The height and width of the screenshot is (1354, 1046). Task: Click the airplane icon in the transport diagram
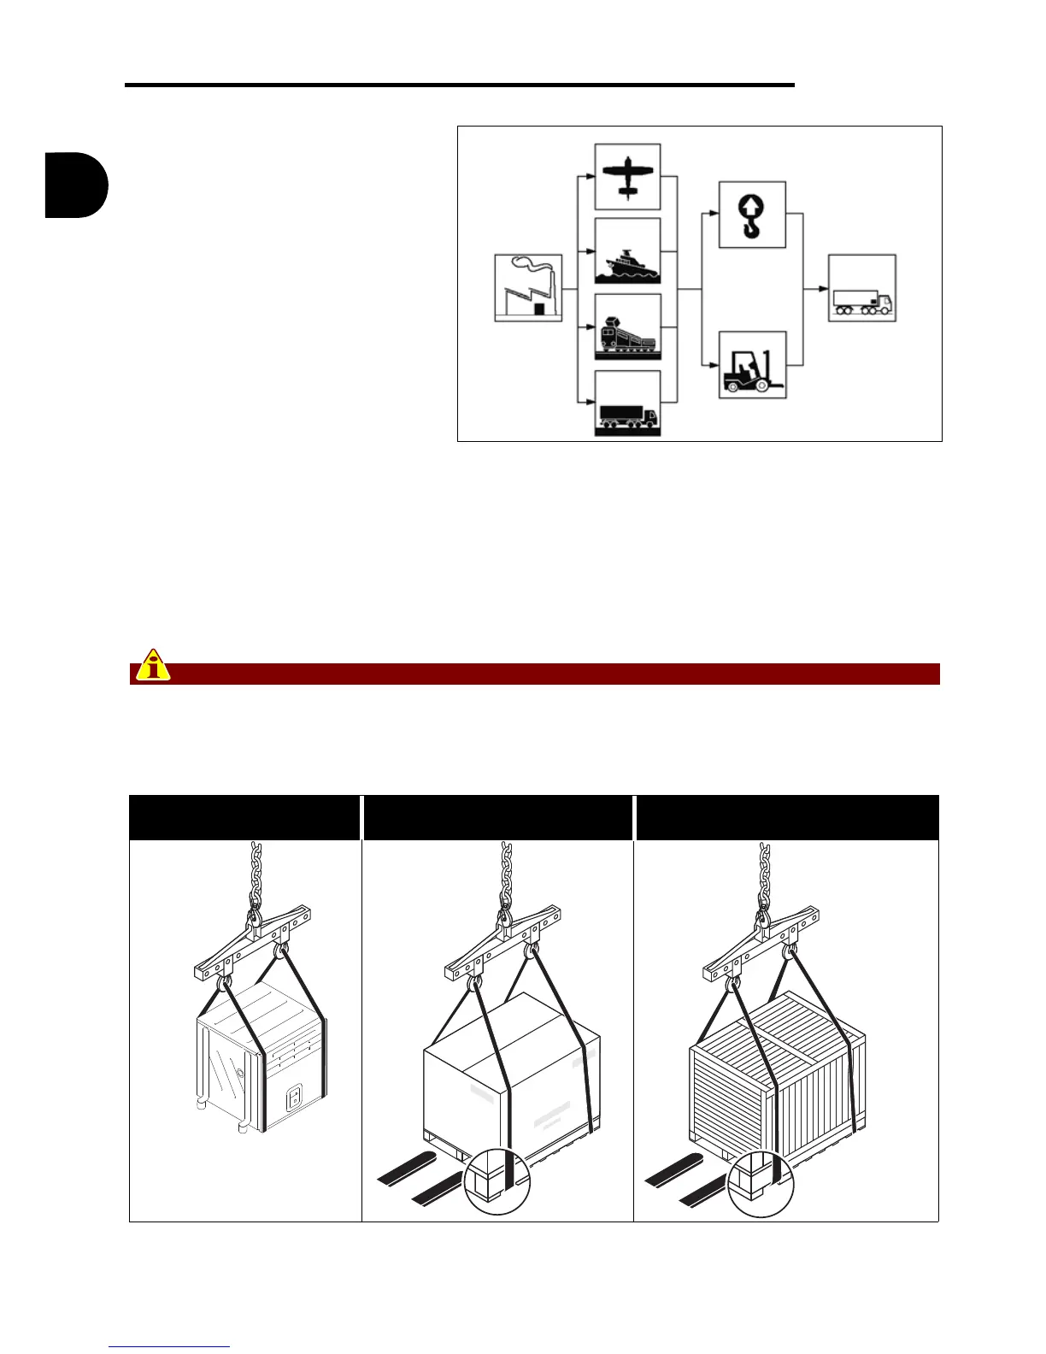(627, 176)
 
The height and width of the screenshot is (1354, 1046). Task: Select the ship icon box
(627, 251)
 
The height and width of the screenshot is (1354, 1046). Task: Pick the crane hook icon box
(752, 215)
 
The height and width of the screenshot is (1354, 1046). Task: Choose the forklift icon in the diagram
(752, 366)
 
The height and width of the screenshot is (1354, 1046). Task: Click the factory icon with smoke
(528, 288)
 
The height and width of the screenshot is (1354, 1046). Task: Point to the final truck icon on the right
(861, 288)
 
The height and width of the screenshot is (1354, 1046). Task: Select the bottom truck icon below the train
(627, 403)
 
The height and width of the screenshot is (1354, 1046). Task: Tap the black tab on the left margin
(76, 185)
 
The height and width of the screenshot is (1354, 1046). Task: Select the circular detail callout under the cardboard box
(497, 1180)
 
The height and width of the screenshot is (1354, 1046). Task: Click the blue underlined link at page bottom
(169, 1346)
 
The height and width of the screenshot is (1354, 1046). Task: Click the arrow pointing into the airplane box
(588, 177)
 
